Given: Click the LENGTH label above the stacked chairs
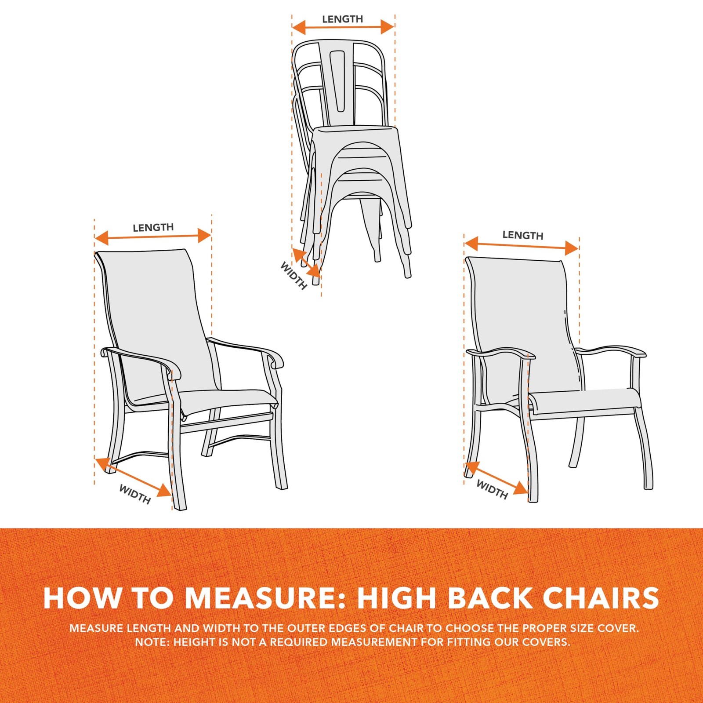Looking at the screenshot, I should coord(342,19).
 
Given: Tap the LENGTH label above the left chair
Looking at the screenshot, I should coord(153,227).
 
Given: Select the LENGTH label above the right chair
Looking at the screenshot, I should coord(522,235).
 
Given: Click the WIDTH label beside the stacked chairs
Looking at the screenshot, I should coord(294,276).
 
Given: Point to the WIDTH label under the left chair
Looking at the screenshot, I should coord(135,494).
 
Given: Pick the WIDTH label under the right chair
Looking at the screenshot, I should coord(492,489).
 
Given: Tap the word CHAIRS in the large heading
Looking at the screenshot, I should coord(601,598).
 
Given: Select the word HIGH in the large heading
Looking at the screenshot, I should coord(397,598).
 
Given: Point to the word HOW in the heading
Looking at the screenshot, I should coord(83,598).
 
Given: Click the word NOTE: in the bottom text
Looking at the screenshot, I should coord(152,642).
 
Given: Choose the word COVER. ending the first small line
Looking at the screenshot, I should coord(618,628).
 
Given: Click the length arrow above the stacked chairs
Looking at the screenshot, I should coord(343,27).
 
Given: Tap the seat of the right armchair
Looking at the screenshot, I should coord(584,400).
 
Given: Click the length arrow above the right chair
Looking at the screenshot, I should coord(521,246).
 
